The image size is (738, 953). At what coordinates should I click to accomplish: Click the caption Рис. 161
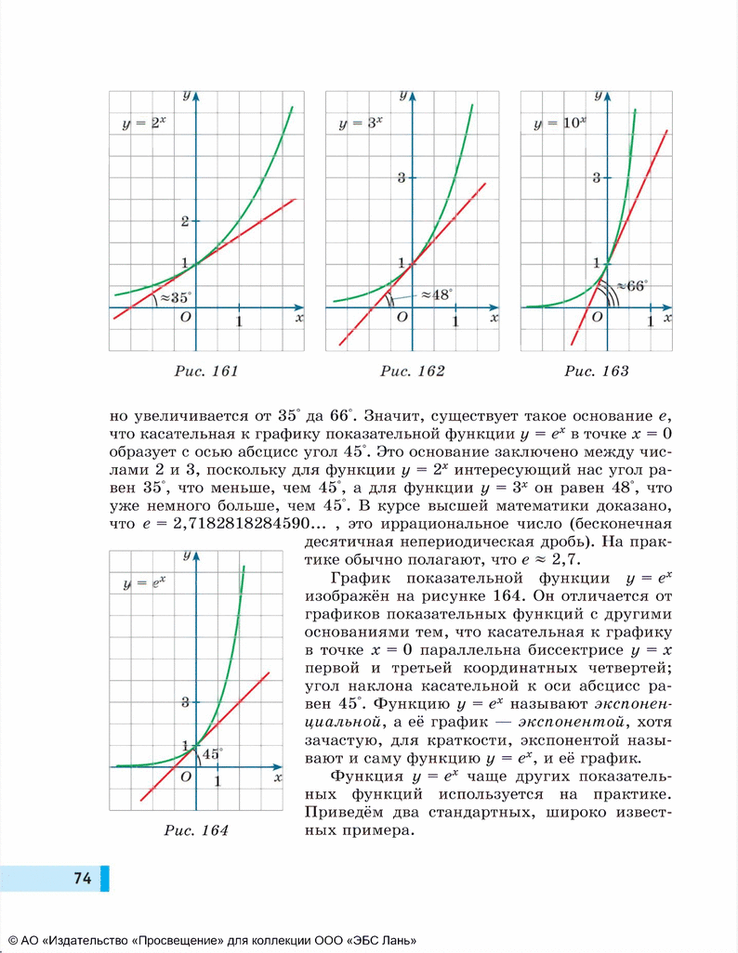click(x=207, y=372)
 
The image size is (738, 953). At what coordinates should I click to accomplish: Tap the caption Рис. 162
click(x=412, y=372)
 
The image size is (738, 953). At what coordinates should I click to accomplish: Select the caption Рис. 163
click(x=597, y=372)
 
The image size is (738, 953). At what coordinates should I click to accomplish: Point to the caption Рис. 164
click(x=196, y=830)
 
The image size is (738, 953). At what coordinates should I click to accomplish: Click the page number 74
click(x=82, y=878)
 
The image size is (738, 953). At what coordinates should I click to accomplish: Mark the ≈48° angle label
click(x=435, y=294)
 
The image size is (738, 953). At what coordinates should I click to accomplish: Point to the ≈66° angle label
click(x=631, y=286)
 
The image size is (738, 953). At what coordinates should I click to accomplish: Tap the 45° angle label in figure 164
click(x=213, y=753)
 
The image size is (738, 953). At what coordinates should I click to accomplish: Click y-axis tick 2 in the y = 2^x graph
click(x=186, y=221)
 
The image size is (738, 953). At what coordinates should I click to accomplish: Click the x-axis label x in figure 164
click(x=278, y=778)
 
